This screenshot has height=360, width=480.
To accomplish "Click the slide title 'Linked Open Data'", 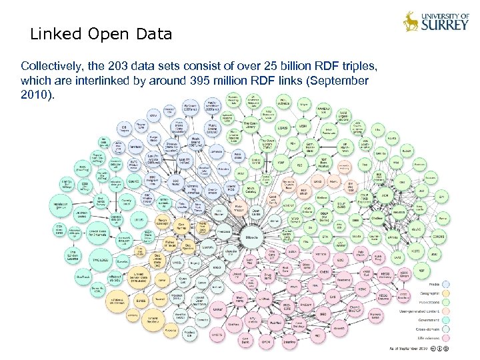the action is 101,34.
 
